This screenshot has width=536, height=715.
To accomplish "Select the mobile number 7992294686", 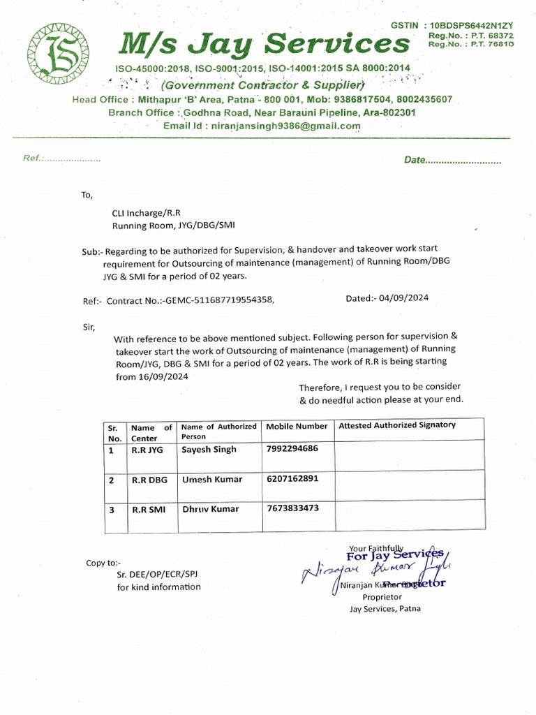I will click(292, 448).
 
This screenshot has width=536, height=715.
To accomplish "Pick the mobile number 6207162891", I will click(292, 479).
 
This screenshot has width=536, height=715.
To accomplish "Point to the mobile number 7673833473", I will click(292, 508).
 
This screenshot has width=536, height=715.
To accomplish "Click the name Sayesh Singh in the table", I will click(209, 450).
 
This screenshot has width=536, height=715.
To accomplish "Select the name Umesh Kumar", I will click(212, 480).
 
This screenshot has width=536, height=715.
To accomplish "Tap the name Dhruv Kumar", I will click(210, 509).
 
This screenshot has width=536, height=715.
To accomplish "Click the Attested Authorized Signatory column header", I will click(397, 425).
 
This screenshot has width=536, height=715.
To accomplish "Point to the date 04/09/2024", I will click(404, 298).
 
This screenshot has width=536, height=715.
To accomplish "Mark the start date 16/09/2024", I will click(163, 376).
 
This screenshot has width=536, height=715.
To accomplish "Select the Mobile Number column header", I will click(297, 426).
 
